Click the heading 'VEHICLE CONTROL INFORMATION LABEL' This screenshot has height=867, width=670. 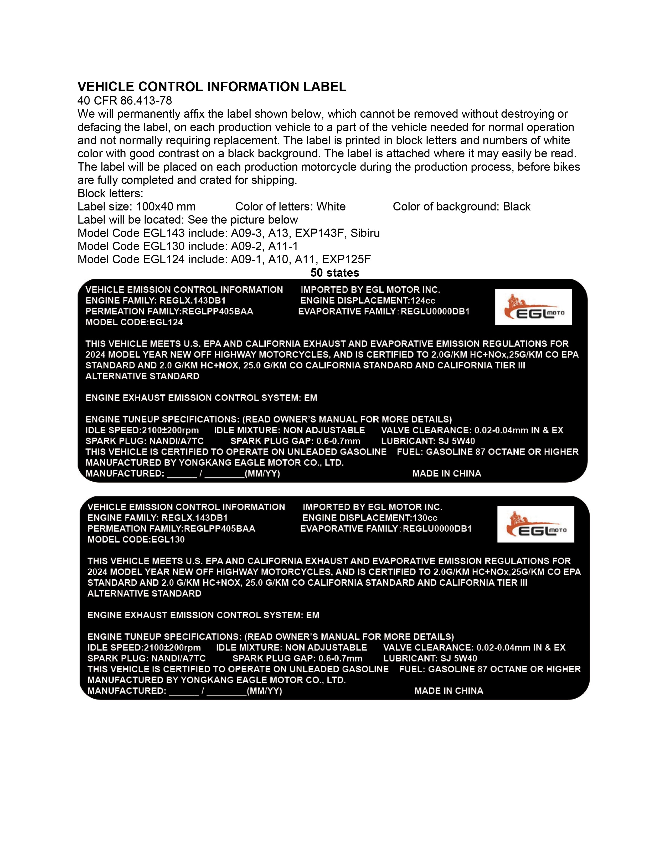[212, 86]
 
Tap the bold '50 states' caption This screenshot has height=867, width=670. [334, 273]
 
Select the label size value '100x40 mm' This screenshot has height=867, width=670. [166, 207]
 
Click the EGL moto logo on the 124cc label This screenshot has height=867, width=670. [533, 307]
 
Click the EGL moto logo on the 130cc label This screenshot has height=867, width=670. [535, 524]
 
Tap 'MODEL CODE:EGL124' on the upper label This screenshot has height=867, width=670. [134, 322]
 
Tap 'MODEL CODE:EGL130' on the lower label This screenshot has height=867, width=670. [136, 539]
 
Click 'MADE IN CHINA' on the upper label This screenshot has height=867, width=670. [446, 473]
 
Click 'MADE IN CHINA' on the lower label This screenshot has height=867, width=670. [449, 690]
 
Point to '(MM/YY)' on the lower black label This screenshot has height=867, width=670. [264, 690]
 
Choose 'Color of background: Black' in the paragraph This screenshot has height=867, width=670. [461, 207]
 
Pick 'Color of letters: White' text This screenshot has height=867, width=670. [290, 207]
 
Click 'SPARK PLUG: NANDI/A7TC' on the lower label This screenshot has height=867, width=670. [146, 658]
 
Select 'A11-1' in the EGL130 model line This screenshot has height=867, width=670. [283, 246]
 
